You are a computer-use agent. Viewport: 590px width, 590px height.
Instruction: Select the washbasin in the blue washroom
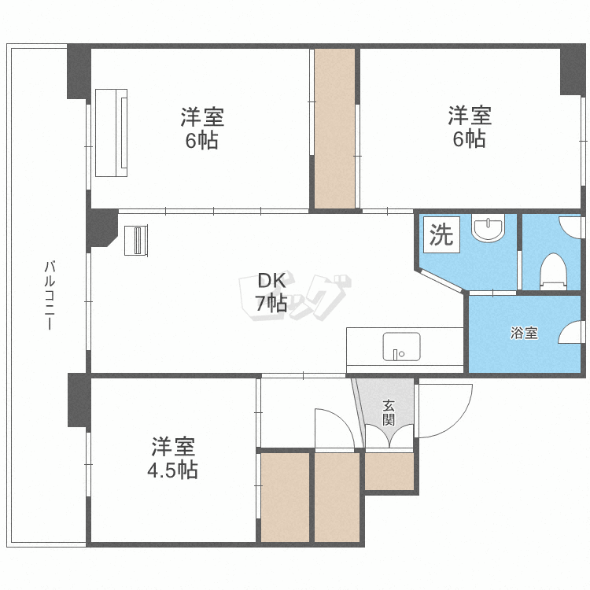pyautogui.click(x=489, y=230)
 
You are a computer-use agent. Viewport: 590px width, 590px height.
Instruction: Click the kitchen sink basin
pyautogui.click(x=401, y=346)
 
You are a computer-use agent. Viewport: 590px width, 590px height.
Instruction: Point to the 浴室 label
pyautogui.click(x=524, y=333)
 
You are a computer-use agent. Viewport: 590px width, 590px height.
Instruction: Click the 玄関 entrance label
pyautogui.click(x=389, y=412)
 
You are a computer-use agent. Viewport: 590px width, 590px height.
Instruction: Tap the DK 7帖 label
pyautogui.click(x=271, y=292)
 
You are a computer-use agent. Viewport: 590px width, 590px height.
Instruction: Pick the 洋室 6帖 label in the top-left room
pyautogui.click(x=202, y=129)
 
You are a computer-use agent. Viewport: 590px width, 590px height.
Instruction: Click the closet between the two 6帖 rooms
pyautogui.click(x=334, y=129)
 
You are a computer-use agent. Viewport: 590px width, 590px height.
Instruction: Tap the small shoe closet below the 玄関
pyautogui.click(x=389, y=470)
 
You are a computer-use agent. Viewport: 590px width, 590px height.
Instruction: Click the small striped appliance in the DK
pyautogui.click(x=136, y=240)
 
